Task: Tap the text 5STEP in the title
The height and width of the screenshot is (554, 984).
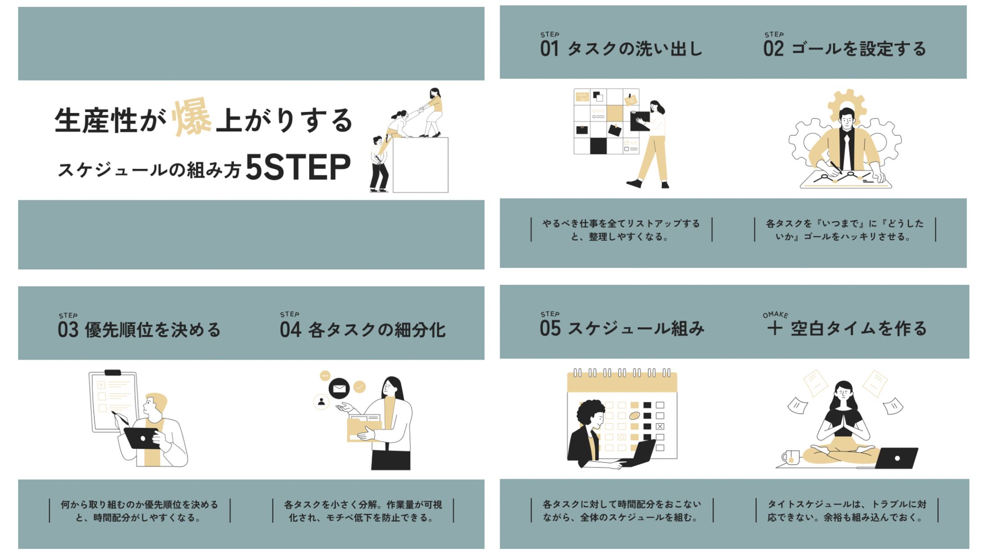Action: click(x=298, y=167)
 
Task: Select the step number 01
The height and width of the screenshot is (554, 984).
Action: click(x=549, y=49)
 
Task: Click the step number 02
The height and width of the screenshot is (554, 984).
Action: click(x=773, y=49)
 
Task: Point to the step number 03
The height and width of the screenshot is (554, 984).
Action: click(x=68, y=330)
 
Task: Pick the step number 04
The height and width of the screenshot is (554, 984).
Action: click(x=290, y=330)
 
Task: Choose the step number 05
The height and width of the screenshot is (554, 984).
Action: click(x=550, y=328)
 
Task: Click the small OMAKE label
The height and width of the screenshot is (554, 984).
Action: click(x=775, y=315)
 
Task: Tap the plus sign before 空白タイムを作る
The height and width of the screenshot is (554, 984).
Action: click(x=774, y=328)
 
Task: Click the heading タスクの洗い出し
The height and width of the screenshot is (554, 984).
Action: click(x=635, y=49)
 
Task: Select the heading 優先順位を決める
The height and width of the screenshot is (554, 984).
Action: click(x=153, y=330)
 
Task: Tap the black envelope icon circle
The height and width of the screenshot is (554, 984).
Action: click(x=339, y=388)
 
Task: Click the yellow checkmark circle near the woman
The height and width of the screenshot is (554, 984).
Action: click(x=360, y=387)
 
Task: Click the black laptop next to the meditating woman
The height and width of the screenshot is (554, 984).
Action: click(x=896, y=458)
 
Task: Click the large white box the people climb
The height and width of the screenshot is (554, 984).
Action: click(x=420, y=165)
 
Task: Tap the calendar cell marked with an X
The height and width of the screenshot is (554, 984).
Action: click(x=660, y=426)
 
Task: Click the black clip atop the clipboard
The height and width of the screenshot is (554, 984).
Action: click(x=113, y=373)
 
